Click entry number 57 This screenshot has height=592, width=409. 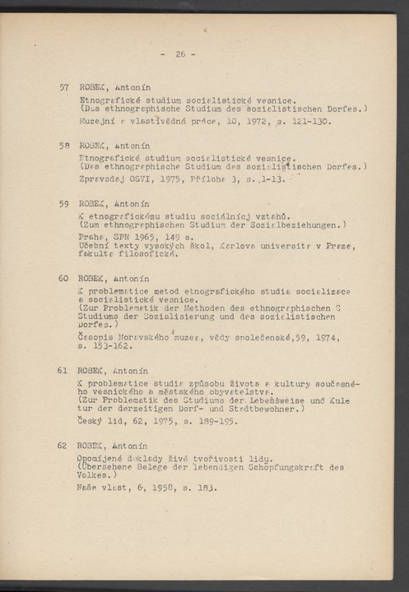click(x=63, y=87)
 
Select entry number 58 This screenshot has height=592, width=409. click(x=63, y=145)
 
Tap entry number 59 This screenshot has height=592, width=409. click(x=63, y=202)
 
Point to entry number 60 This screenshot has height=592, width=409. click(x=63, y=278)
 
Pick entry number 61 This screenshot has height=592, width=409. click(x=63, y=371)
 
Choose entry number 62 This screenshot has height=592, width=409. click(x=63, y=445)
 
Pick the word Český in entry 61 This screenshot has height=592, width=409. click(x=92, y=420)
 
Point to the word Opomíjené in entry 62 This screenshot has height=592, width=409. click(x=103, y=456)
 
